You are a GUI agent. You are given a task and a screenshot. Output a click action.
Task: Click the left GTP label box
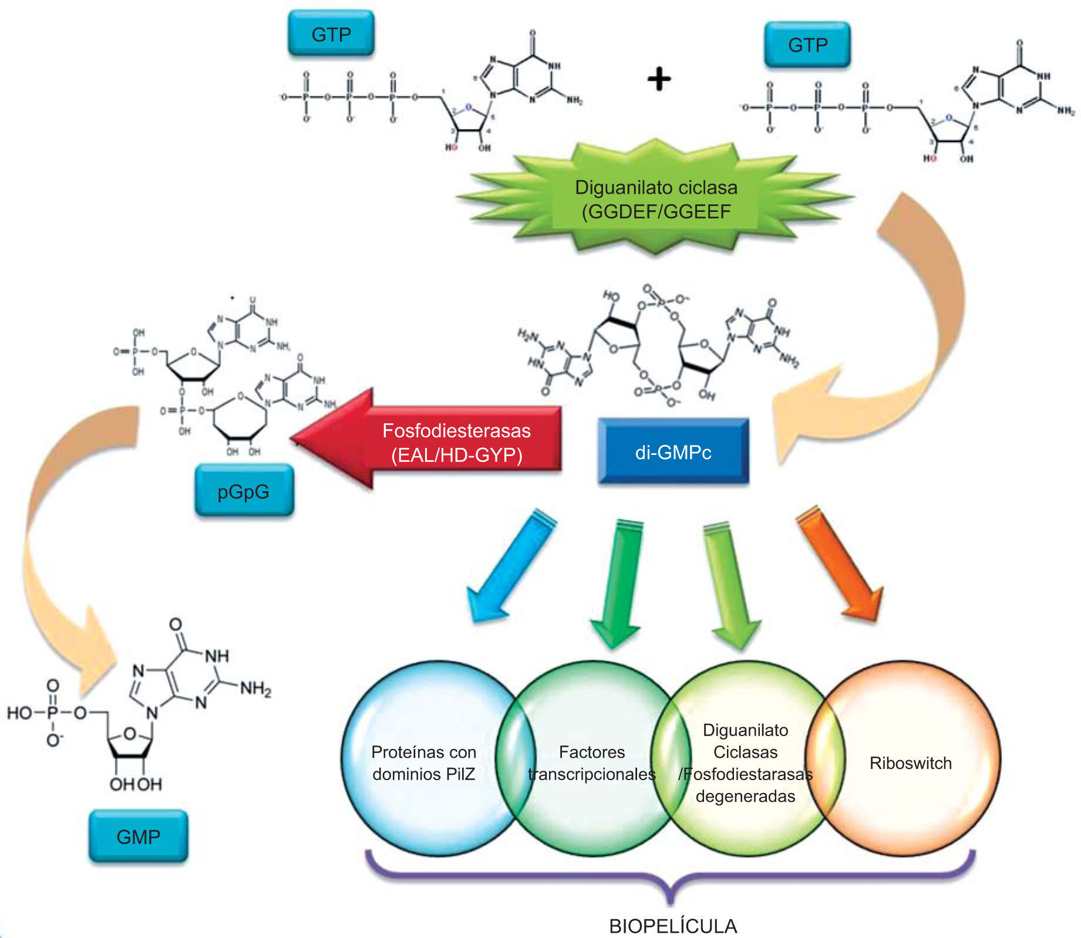click(x=331, y=34)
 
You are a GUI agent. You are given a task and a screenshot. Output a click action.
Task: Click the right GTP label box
click(x=807, y=45)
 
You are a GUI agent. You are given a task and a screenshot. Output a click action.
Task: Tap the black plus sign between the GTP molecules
click(x=659, y=79)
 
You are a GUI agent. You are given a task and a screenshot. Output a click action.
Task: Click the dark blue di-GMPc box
click(x=673, y=451)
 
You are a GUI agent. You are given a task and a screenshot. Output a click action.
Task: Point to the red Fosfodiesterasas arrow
click(x=435, y=440)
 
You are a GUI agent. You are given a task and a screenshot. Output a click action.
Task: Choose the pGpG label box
click(x=244, y=491)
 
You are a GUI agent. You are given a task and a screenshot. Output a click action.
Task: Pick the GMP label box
click(x=139, y=836)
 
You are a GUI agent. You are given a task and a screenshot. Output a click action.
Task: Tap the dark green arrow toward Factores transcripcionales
click(x=620, y=581)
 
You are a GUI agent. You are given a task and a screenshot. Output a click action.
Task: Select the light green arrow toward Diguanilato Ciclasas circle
click(x=730, y=584)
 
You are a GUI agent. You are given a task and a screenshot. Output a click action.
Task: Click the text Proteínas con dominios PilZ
click(x=423, y=762)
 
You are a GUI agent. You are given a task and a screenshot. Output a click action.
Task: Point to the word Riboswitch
click(x=910, y=763)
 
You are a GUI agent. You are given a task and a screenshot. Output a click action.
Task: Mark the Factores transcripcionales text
click(x=591, y=763)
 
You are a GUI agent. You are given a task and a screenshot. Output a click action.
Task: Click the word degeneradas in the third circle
click(x=745, y=796)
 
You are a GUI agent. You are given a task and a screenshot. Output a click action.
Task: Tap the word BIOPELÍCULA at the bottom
click(x=673, y=926)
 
